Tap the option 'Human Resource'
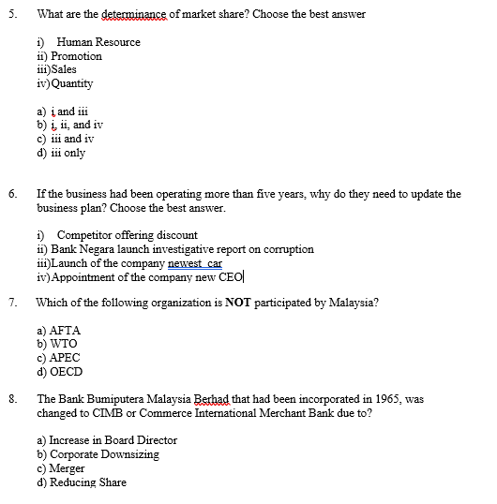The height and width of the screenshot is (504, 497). pyautogui.click(x=98, y=42)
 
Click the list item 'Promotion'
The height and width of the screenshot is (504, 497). pyautogui.click(x=76, y=56)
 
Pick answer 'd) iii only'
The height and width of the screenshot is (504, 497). pyautogui.click(x=60, y=153)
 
